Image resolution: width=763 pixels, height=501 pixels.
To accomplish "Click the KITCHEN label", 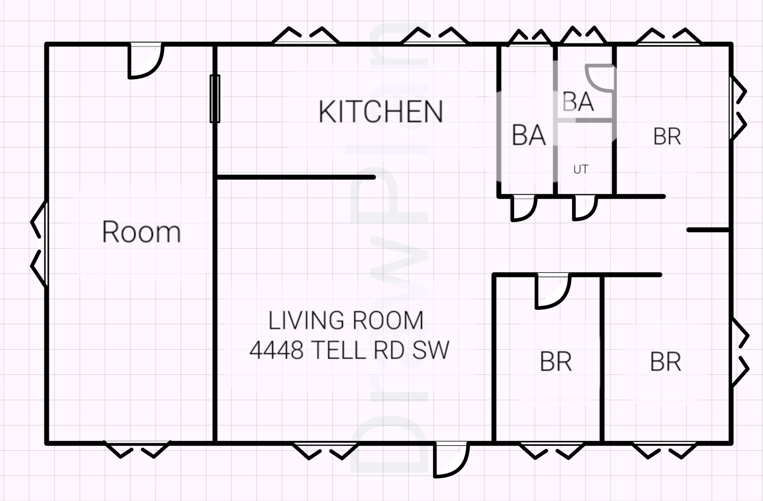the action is coord(381,112).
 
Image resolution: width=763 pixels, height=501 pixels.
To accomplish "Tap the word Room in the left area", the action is coord(142,232).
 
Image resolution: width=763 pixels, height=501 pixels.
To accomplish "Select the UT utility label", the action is coord(581,169).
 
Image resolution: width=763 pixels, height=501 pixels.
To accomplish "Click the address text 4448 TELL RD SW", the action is coord(349,350).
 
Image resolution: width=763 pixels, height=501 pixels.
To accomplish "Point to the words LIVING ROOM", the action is coord(346,320).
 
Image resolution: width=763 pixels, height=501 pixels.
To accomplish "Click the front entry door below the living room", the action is coord(452,460).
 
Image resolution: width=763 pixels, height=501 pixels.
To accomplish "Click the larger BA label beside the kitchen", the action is coord(529,135).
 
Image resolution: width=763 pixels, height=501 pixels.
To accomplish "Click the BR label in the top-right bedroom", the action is coord(667,136).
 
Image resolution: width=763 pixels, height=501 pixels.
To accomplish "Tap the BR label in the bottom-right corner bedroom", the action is coord(666,362).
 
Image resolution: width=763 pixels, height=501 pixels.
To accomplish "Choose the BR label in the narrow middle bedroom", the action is coord(556,362).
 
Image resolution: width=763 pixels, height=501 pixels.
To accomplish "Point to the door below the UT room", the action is coord(585,208).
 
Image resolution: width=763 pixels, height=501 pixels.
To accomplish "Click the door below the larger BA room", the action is coord(524,208).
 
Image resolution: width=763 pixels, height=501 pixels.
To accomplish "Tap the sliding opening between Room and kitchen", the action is coord(215,99).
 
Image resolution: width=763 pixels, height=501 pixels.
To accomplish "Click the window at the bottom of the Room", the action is coord(137,449).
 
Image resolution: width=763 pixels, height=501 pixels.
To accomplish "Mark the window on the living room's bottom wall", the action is coord(325,450).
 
